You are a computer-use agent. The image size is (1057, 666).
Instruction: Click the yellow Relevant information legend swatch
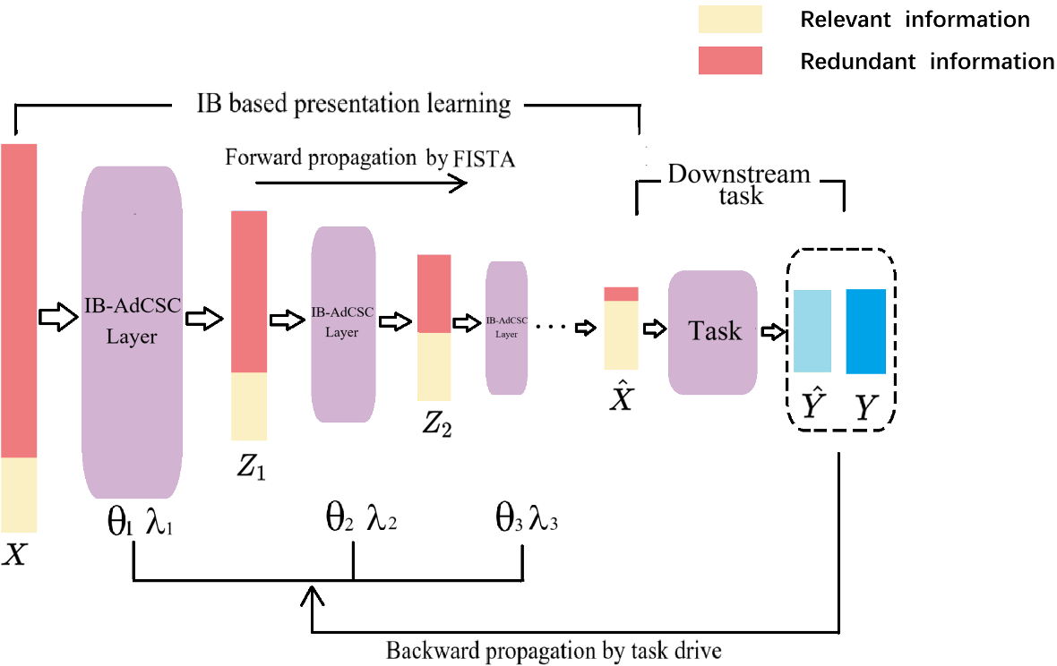730,19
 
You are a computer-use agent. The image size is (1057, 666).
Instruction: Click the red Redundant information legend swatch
730,60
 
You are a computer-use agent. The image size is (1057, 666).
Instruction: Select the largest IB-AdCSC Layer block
133,332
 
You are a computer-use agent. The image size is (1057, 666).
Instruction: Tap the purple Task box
712,332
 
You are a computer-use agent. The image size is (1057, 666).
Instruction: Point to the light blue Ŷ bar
812,330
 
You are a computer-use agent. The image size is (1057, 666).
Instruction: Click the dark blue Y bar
865,331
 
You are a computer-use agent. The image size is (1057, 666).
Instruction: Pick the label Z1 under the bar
251,466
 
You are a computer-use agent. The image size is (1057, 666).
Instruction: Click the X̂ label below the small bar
621,396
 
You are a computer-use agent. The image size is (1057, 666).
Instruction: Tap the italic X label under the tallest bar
14,554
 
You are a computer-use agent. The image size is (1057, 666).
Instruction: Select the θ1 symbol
120,521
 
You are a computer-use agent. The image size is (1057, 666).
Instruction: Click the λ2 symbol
382,517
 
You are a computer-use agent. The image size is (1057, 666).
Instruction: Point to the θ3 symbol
508,519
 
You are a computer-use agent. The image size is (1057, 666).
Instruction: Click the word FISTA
484,159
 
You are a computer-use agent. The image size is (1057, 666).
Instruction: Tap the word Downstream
739,174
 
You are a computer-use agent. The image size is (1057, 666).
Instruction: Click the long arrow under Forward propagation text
361,183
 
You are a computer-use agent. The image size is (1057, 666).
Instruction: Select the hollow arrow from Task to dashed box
774,331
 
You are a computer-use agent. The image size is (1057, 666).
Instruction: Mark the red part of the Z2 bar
434,294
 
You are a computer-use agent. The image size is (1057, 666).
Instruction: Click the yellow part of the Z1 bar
249,406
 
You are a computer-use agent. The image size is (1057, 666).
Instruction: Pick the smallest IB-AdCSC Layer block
506,328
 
